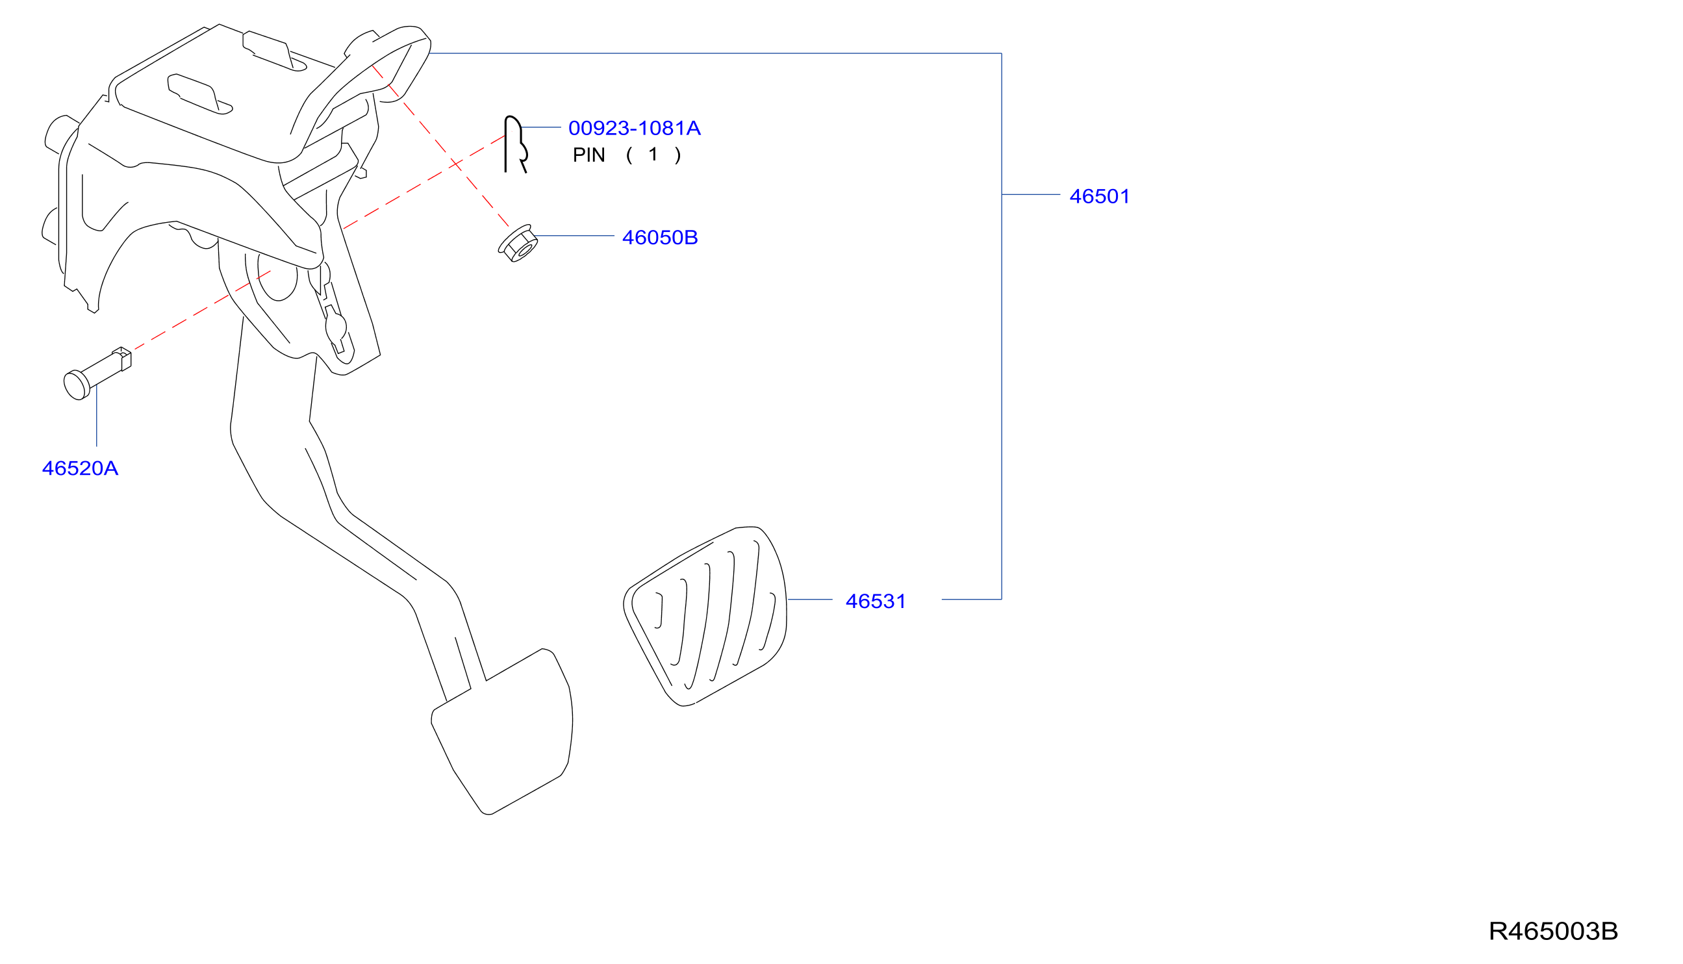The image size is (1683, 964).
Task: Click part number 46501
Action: pos(1099,196)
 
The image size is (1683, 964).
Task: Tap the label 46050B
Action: pos(660,237)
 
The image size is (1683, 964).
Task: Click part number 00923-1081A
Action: pos(634,128)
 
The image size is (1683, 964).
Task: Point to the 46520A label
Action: pos(80,468)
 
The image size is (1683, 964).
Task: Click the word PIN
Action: pos(588,155)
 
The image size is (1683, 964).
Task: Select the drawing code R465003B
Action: pos(1553,931)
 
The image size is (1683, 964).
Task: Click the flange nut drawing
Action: pos(518,243)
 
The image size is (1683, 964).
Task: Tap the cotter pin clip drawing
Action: pos(514,144)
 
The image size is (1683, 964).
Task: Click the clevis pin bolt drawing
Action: pos(97,374)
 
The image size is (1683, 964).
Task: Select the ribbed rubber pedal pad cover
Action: pos(705,616)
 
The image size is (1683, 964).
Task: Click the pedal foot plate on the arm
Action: pos(502,731)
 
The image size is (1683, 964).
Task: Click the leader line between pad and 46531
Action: pos(810,599)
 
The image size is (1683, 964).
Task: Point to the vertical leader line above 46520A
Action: pos(97,416)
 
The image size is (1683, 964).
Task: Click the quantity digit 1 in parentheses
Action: pos(653,155)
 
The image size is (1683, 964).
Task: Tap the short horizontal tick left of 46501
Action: pos(1031,195)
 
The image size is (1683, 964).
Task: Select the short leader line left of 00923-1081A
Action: pos(541,127)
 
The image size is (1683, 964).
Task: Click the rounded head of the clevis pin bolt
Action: pos(76,385)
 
